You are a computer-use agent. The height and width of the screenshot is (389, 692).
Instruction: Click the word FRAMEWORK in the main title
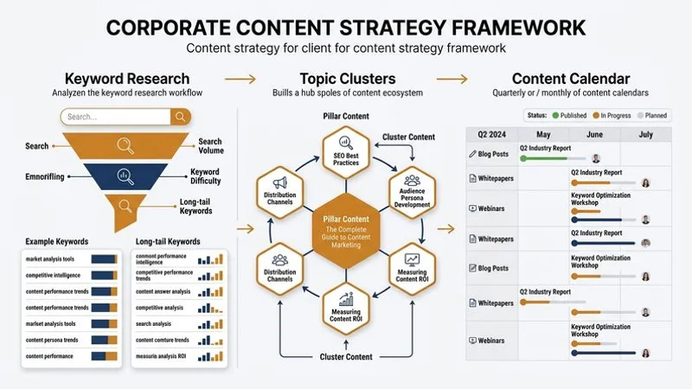tap(506, 26)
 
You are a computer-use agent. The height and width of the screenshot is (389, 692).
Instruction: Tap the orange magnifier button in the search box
tap(180, 117)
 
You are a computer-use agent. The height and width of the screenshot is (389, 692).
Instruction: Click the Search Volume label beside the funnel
tap(210, 147)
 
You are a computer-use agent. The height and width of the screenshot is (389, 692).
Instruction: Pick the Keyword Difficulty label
tap(205, 176)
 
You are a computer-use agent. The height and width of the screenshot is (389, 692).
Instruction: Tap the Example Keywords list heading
tap(57, 241)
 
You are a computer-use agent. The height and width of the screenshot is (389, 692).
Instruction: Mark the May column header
tap(543, 135)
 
